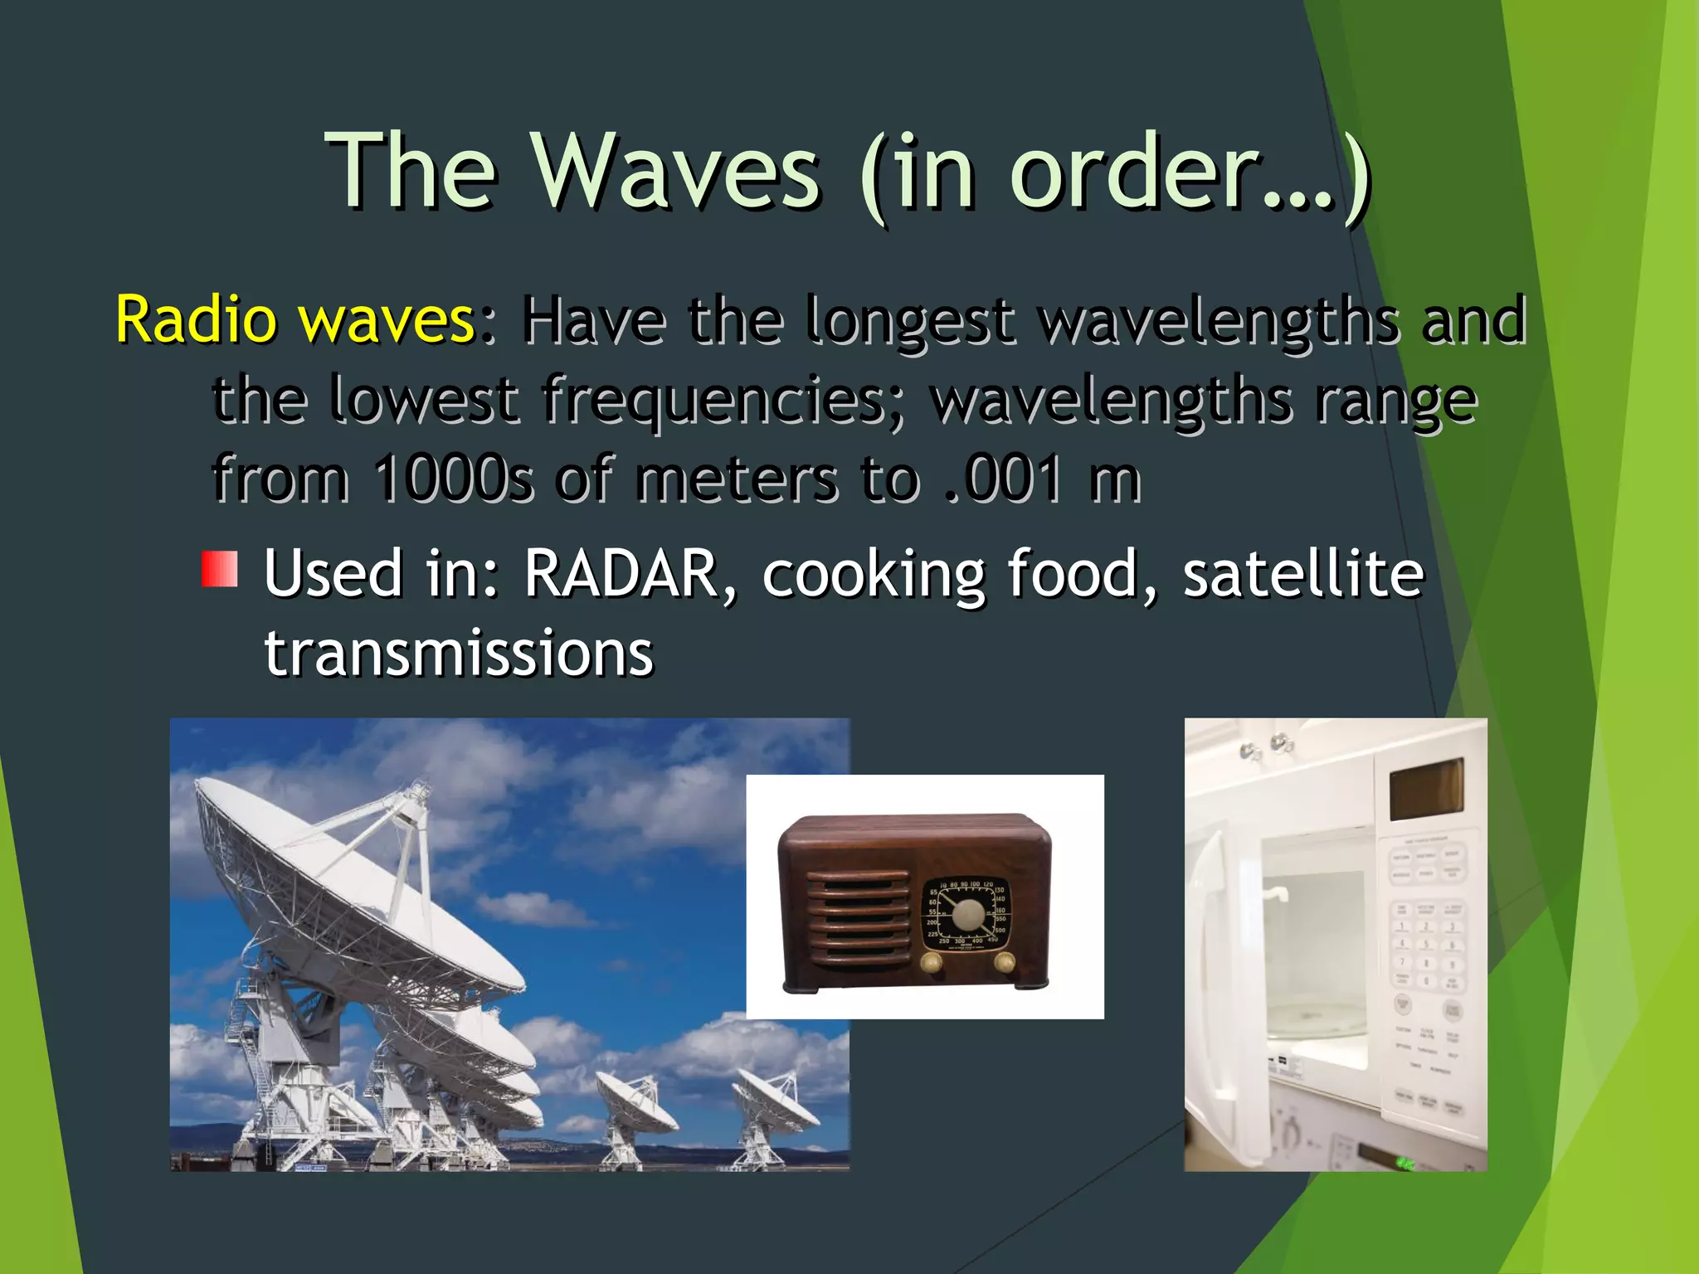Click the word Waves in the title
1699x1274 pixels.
676,173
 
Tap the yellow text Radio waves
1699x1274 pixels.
295,319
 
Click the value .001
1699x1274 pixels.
1004,479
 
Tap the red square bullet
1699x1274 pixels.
220,569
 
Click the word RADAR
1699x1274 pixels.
621,573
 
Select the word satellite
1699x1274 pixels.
1302,573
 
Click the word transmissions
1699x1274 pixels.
459,654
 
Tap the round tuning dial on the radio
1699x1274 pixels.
967,916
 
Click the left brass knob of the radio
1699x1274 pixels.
931,962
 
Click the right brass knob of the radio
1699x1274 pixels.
1004,962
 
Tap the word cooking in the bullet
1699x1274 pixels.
873,575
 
